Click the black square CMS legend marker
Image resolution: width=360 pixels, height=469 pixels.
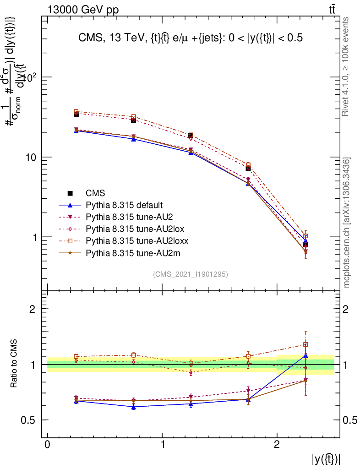point(70,193)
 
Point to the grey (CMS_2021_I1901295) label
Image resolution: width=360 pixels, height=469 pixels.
point(191,274)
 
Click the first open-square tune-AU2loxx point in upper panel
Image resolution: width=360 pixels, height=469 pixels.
point(76,112)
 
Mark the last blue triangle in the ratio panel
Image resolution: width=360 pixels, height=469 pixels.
point(305,355)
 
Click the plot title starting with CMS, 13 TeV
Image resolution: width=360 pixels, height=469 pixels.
point(191,39)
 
